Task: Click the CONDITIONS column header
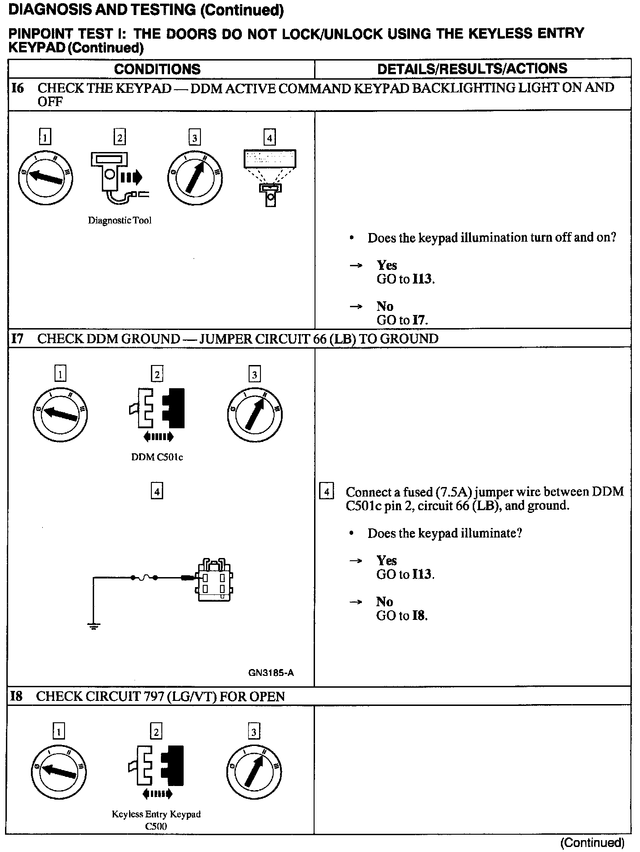(157, 69)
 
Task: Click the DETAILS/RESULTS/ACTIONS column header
(472, 69)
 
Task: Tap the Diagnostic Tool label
(120, 221)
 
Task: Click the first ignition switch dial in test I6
(45, 177)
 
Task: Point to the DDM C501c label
(157, 457)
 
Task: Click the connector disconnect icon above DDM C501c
(157, 410)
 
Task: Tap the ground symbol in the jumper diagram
(94, 627)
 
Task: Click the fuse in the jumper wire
(144, 578)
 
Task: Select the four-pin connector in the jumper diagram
(213, 580)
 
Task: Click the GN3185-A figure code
(271, 673)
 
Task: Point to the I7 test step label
(17, 339)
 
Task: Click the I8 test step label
(16, 696)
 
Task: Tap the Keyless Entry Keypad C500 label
(156, 820)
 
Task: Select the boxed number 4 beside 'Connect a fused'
(327, 492)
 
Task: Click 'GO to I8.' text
(402, 616)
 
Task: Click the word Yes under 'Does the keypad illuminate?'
(386, 561)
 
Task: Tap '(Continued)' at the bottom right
(592, 843)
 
